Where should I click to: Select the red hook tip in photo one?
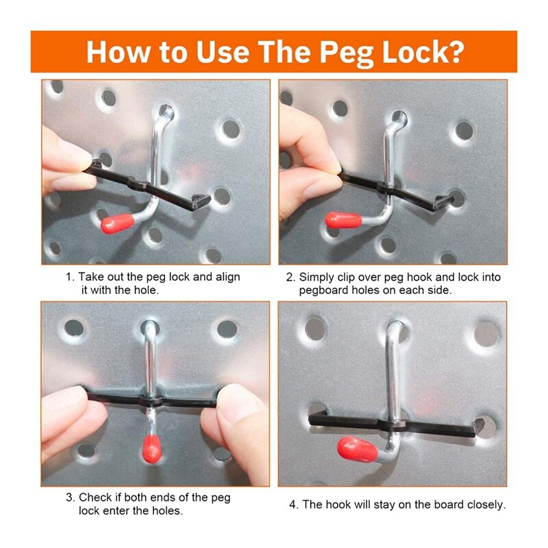(x=117, y=223)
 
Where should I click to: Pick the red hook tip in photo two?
(x=343, y=220)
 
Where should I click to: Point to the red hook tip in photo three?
(x=152, y=449)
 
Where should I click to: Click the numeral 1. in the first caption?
(x=71, y=277)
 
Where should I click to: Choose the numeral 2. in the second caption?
(x=290, y=277)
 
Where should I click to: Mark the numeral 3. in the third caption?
(x=71, y=497)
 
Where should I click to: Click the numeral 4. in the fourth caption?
(x=294, y=505)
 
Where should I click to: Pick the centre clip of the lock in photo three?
(x=151, y=401)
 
